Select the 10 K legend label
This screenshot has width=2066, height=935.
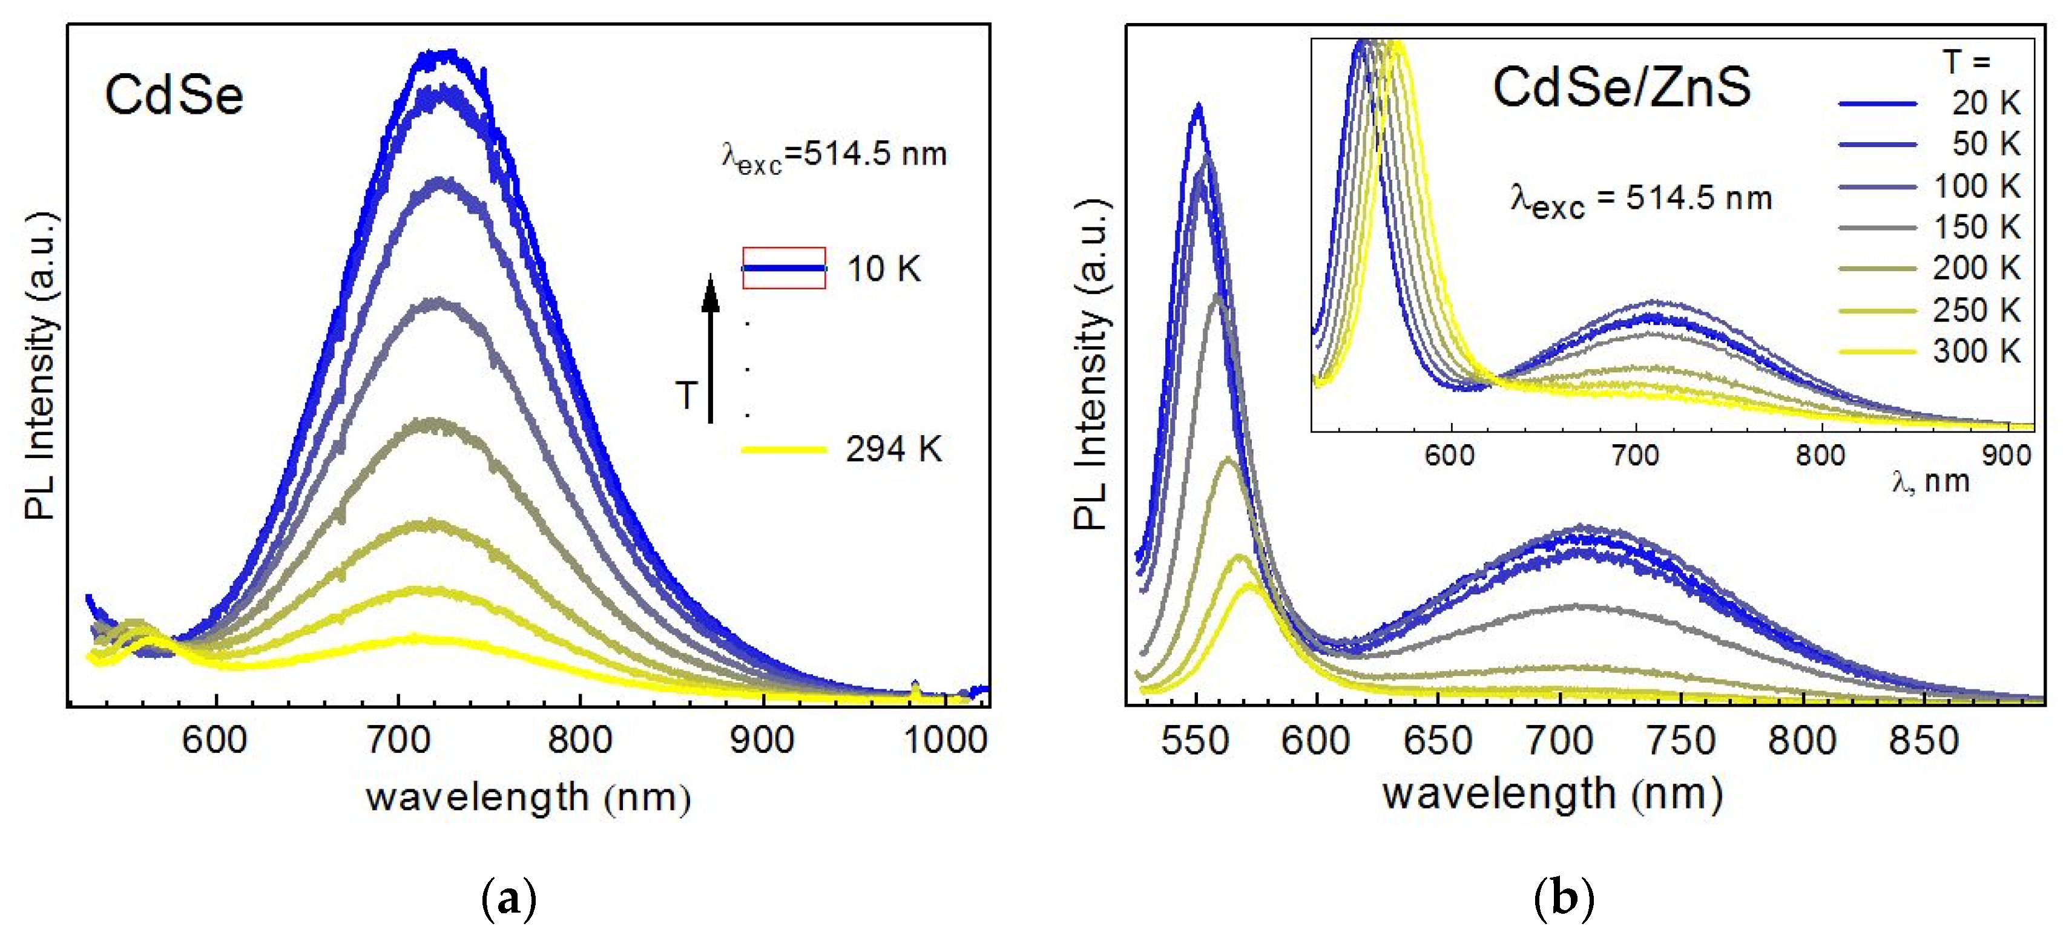pyautogui.click(x=884, y=269)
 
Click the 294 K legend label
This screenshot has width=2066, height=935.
pyautogui.click(x=893, y=449)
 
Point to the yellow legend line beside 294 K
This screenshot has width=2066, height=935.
pyautogui.click(x=783, y=450)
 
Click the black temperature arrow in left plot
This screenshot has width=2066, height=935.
pyautogui.click(x=710, y=349)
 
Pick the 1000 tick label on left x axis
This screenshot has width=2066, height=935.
pyautogui.click(x=946, y=738)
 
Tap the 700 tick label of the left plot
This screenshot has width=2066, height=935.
pyautogui.click(x=398, y=738)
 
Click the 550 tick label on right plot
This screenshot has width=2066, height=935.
pyautogui.click(x=1194, y=740)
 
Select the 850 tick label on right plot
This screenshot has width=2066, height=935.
pyautogui.click(x=1923, y=740)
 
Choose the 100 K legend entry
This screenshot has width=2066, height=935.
pyautogui.click(x=1976, y=186)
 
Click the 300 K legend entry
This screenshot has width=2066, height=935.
pyautogui.click(x=1976, y=351)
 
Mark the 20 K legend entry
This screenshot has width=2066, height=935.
pyautogui.click(x=1985, y=103)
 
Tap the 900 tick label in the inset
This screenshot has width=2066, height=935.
pyautogui.click(x=2006, y=456)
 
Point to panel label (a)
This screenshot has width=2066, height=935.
pyautogui.click(x=508, y=901)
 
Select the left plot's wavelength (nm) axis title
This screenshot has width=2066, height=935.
pyautogui.click(x=528, y=797)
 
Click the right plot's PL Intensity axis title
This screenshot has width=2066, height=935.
pyautogui.click(x=1091, y=365)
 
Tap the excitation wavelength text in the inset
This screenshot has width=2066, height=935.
pyautogui.click(x=1640, y=199)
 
